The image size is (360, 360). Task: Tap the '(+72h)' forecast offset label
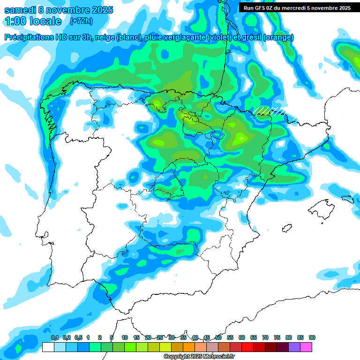[x=81, y=21]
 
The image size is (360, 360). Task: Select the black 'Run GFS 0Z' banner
[x=297, y=7]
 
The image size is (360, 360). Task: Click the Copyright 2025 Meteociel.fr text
[x=199, y=357]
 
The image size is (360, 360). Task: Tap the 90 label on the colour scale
[x=312, y=338]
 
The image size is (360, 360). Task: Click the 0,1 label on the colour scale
[x=55, y=338]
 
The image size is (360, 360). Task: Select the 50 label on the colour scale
[x=218, y=338]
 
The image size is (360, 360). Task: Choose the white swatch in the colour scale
[x=48, y=347]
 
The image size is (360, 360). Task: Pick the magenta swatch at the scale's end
[x=306, y=347]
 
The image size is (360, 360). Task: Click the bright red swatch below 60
[x=247, y=347]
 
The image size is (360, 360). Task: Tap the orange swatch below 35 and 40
[x=189, y=347]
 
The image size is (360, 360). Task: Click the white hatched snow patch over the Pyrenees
[x=270, y=111]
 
